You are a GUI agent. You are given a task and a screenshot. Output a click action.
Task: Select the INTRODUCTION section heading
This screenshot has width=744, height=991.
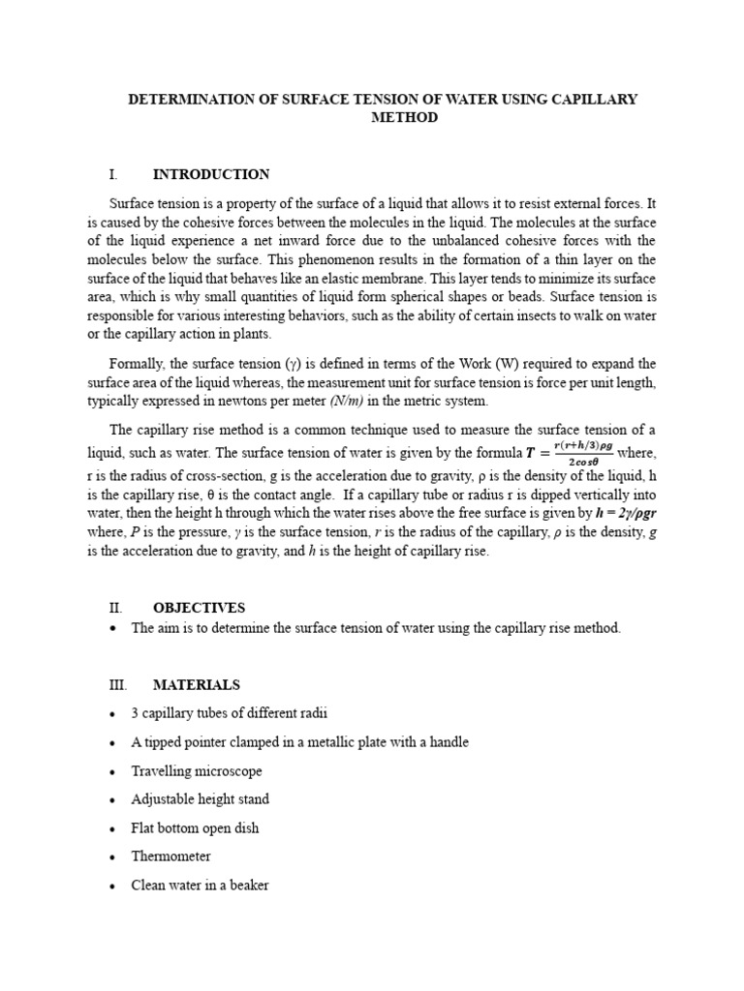pos(211,175)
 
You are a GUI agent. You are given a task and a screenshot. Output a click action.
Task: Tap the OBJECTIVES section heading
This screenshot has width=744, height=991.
pos(199,608)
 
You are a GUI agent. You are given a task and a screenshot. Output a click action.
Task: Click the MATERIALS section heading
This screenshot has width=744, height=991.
pos(196,685)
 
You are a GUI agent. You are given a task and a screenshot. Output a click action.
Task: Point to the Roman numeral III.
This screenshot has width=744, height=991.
pos(116,685)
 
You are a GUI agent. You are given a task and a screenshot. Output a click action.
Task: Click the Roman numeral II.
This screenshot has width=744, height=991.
pos(114,608)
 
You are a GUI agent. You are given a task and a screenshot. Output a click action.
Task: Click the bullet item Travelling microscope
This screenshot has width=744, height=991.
pos(197,771)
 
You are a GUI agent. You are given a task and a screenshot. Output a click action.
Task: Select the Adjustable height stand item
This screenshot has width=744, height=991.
pos(201,799)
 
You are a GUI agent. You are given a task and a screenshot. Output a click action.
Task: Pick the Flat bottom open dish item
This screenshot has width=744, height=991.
pos(195,828)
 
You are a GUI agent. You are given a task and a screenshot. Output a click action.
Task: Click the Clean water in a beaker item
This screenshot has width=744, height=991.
pos(201,886)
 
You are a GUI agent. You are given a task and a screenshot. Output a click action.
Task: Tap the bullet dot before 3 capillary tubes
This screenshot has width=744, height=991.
pos(114,714)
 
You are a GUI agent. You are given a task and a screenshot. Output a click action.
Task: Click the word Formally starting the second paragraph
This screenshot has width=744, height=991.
pos(138,364)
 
